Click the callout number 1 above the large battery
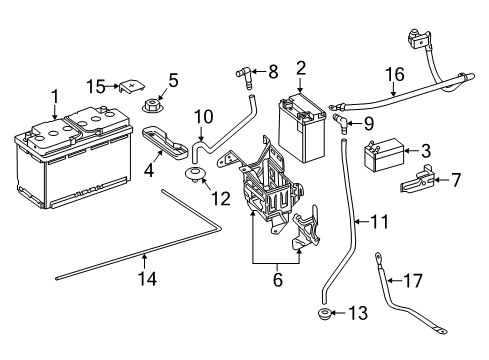pyautogui.click(x=55, y=97)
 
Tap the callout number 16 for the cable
pyautogui.click(x=395, y=74)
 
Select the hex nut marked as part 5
pyautogui.click(x=152, y=106)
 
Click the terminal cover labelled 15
pyautogui.click(x=132, y=86)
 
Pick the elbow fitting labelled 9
pyautogui.click(x=341, y=123)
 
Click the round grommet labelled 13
pyautogui.click(x=324, y=314)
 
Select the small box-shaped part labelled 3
pyautogui.click(x=383, y=155)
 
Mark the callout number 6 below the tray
pyautogui.click(x=278, y=279)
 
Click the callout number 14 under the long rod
pyautogui.click(x=147, y=279)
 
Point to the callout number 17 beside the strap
pyautogui.click(x=413, y=281)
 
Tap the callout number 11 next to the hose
pyautogui.click(x=379, y=222)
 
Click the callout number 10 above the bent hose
pyautogui.click(x=203, y=117)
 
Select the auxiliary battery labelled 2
pyautogui.click(x=301, y=128)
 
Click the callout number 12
pyautogui.click(x=220, y=199)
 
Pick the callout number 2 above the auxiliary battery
pyautogui.click(x=301, y=68)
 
